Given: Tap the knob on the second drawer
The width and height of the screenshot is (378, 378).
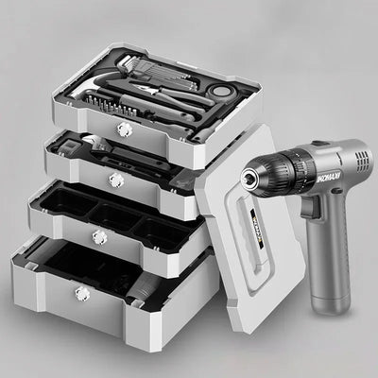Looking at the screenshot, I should pyautogui.click(x=116, y=179).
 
